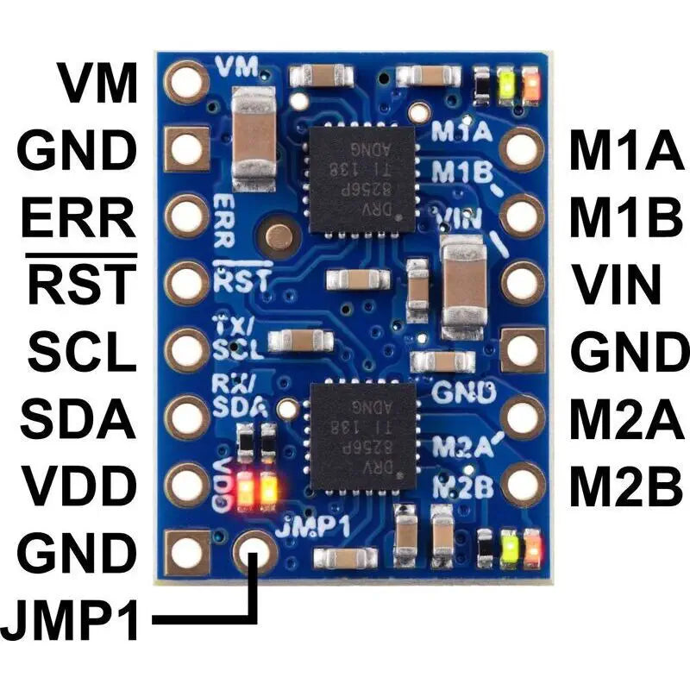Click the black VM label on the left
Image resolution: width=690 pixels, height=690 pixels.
click(x=97, y=84)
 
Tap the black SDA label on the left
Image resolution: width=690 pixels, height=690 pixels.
click(x=78, y=420)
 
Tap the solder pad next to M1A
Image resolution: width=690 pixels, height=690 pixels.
click(x=523, y=149)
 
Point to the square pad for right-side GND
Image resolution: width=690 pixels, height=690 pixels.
click(x=523, y=350)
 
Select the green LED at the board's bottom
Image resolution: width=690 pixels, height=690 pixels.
click(x=510, y=546)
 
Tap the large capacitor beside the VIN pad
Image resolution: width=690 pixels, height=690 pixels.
click(x=462, y=289)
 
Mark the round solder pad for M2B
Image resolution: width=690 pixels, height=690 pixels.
click(x=523, y=485)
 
